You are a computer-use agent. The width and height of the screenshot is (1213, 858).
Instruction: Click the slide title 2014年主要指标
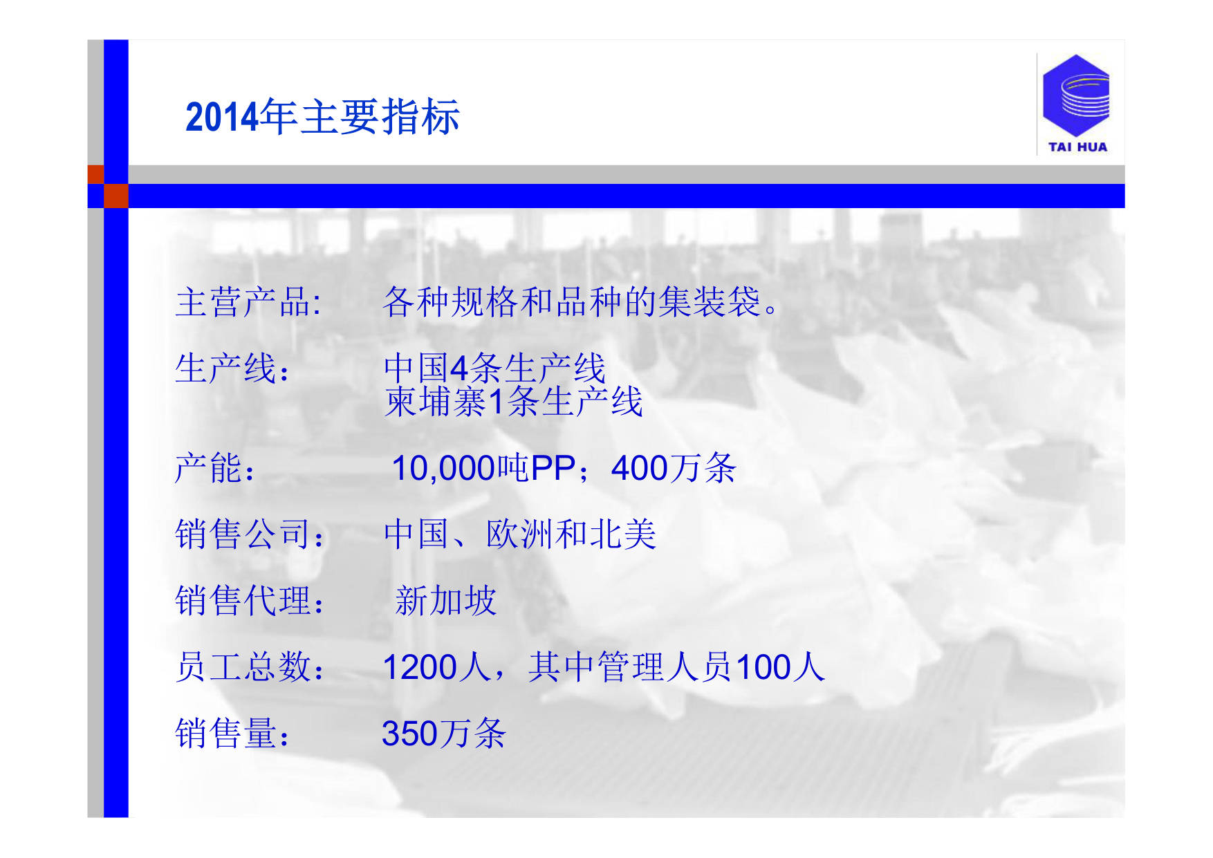click(x=322, y=117)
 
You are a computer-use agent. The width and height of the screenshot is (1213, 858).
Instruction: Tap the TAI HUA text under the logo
click(x=1077, y=147)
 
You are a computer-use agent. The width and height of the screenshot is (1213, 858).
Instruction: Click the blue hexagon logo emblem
click(x=1075, y=95)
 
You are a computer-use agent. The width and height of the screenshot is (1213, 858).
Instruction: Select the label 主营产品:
click(x=248, y=302)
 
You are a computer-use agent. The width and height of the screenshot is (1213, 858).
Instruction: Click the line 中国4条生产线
click(x=494, y=367)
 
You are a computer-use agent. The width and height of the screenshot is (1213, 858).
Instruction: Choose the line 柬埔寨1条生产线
click(x=514, y=402)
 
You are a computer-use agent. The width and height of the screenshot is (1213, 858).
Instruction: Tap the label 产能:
click(x=215, y=468)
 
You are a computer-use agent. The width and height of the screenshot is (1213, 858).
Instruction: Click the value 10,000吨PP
click(x=483, y=468)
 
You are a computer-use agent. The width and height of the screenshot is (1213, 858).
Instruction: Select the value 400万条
click(x=674, y=468)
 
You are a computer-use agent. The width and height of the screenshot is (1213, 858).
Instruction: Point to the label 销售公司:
click(x=250, y=534)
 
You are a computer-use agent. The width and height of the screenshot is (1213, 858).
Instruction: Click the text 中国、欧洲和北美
click(x=520, y=534)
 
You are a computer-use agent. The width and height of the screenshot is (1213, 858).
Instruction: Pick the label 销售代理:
click(x=250, y=600)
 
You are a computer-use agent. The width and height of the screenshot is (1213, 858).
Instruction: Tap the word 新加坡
click(x=446, y=600)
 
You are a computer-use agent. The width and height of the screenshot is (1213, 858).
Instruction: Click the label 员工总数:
click(x=250, y=667)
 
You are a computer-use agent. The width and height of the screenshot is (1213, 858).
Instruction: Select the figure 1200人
click(x=436, y=667)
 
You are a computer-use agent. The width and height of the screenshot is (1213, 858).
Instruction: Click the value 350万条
click(x=444, y=734)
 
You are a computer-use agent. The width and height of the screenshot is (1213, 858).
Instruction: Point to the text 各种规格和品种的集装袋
click(x=571, y=302)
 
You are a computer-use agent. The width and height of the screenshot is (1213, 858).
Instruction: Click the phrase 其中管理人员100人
click(x=676, y=667)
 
